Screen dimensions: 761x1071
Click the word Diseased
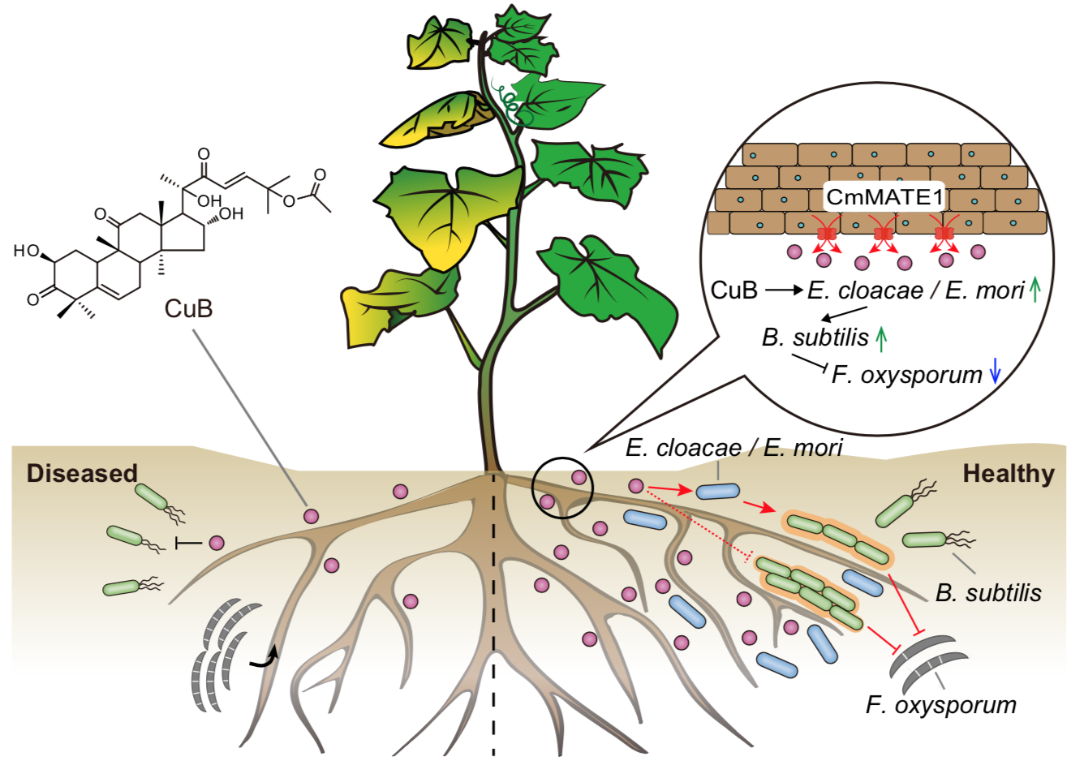point(82,474)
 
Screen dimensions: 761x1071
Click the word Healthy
point(1009,474)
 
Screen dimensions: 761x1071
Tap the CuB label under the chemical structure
point(188,308)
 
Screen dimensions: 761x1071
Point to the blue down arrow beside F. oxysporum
point(996,373)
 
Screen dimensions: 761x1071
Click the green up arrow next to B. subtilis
point(881,338)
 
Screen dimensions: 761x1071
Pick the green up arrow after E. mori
point(1034,290)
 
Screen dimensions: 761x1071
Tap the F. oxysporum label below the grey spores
point(941,704)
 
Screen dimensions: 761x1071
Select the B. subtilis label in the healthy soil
point(987,593)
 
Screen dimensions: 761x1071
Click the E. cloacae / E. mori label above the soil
point(733,447)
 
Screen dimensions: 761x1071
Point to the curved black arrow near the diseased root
point(265,658)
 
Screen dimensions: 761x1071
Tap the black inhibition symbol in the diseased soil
point(187,543)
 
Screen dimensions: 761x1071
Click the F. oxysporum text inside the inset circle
point(906,375)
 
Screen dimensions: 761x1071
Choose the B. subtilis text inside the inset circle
point(815,338)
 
